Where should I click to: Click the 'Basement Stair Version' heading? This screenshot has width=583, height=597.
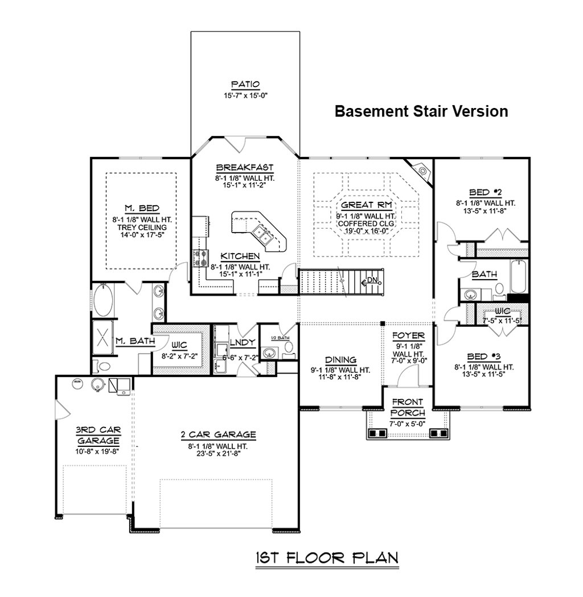pyautogui.click(x=421, y=111)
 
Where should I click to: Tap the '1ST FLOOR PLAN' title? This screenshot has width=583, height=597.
pyautogui.click(x=326, y=558)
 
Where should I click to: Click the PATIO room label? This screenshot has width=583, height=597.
pyautogui.click(x=245, y=85)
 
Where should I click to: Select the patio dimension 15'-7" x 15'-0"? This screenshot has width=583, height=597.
pyautogui.click(x=245, y=96)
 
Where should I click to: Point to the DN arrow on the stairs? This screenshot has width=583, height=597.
pyautogui.click(x=371, y=280)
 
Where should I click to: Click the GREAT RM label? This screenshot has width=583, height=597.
pyautogui.click(x=366, y=205)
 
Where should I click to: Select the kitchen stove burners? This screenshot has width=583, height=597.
pyautogui.click(x=200, y=259)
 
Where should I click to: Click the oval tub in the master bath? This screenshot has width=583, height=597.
pyautogui.click(x=103, y=300)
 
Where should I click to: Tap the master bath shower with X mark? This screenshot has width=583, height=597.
pyautogui.click(x=103, y=337)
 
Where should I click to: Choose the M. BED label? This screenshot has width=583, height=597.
pyautogui.click(x=142, y=208)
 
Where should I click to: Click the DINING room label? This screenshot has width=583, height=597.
pyautogui.click(x=340, y=359)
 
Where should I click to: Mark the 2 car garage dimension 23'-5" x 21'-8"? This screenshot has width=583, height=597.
pyautogui.click(x=219, y=455)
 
